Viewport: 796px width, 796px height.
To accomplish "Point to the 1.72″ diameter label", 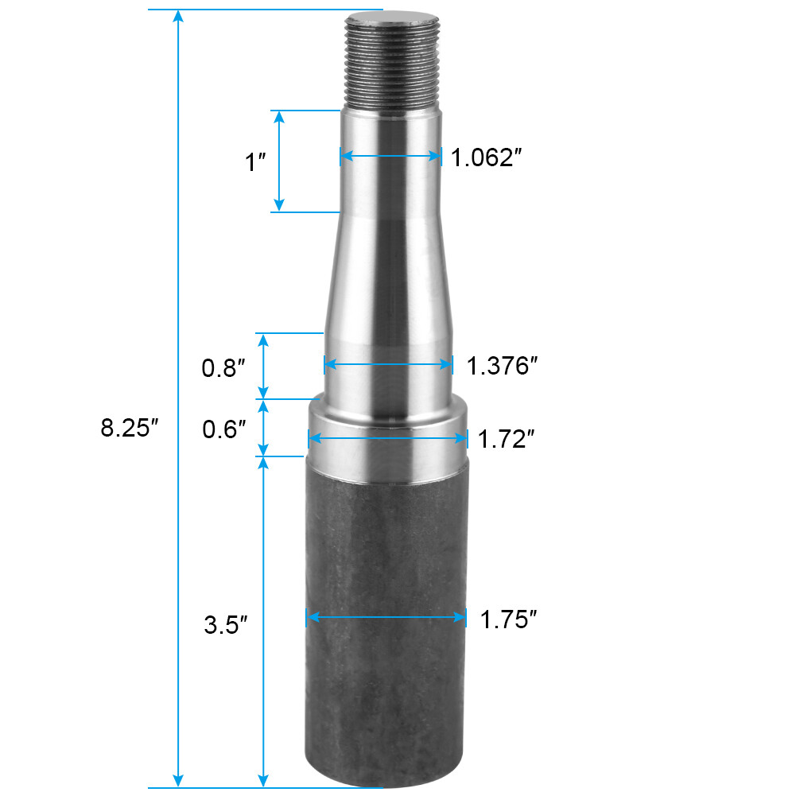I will pyautogui.click(x=503, y=438).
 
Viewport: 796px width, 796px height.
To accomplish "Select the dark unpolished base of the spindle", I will pyautogui.click(x=386, y=636).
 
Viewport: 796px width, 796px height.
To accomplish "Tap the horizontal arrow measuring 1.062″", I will pyautogui.click(x=390, y=157).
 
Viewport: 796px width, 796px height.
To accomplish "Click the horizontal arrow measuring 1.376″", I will pyautogui.click(x=389, y=365).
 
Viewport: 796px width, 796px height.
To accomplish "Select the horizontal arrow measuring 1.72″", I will pyautogui.click(x=387, y=438).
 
